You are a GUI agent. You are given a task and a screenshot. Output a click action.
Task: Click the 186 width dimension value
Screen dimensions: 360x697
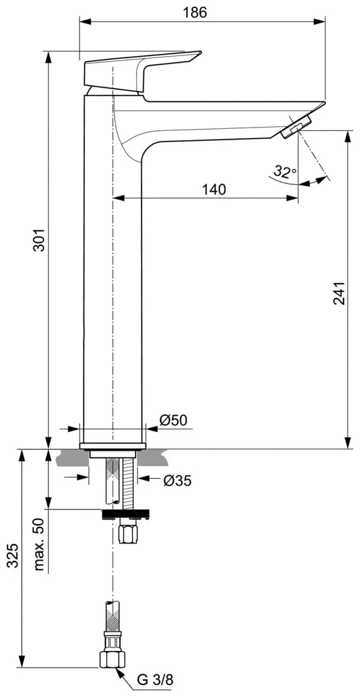pyautogui.click(x=195, y=13)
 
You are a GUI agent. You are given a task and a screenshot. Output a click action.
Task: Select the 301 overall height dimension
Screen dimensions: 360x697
pyautogui.click(x=39, y=240)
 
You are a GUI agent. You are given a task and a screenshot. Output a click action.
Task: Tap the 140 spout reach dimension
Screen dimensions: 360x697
pyautogui.click(x=214, y=190)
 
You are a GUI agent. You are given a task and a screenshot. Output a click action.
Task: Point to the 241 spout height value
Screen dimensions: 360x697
pyautogui.click(x=339, y=293)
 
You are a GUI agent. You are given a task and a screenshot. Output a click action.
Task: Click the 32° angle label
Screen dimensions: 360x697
pyautogui.click(x=285, y=172)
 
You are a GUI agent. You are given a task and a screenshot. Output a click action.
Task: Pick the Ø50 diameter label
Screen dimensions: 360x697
pyautogui.click(x=174, y=420)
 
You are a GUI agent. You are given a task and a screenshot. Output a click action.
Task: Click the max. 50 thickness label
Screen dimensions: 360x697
pyautogui.click(x=39, y=544)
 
